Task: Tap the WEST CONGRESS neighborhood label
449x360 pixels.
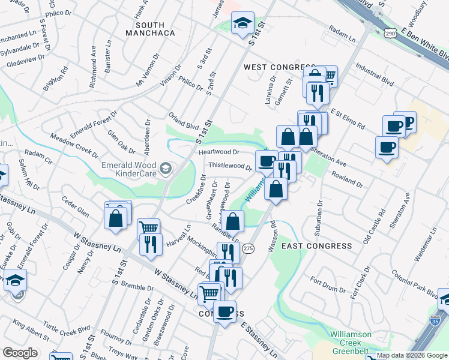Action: coord(280,67)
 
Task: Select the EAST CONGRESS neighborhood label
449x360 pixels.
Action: coord(316,246)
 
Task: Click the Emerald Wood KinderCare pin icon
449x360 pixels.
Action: coord(166,166)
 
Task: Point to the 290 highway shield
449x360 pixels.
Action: coord(391,32)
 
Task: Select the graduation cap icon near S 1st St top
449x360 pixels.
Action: coord(243,24)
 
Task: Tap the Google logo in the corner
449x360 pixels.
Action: coord(20,352)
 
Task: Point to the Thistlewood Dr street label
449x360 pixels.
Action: coord(229,166)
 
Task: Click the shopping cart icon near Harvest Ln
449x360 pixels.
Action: coord(148,228)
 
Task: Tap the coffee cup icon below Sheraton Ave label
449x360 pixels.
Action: coord(387,147)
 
